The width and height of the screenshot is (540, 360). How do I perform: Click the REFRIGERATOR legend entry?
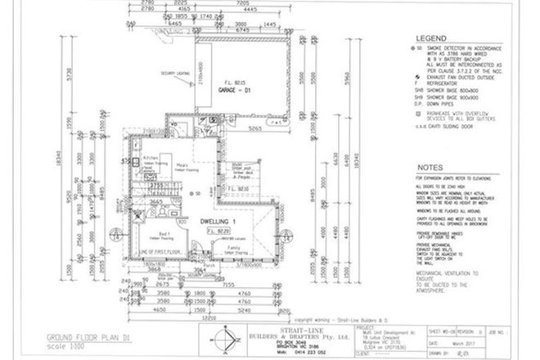[448, 83]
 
